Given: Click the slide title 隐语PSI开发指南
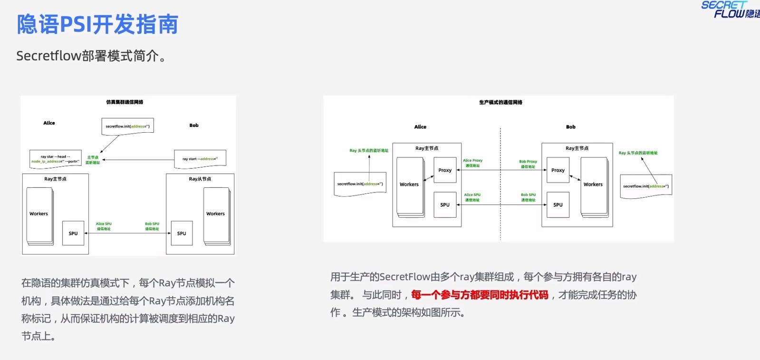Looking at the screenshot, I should click(97, 24).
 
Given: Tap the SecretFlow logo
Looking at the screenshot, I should click(730, 10).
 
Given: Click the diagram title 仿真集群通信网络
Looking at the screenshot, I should click(125, 102).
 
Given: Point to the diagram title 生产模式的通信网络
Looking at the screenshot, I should click(500, 102).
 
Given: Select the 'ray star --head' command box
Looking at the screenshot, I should click(55, 159).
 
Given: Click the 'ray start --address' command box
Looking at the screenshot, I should click(200, 158).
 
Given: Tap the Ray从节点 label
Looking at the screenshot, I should click(200, 179).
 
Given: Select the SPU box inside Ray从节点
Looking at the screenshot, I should click(182, 233).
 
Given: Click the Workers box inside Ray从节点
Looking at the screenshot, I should click(216, 214).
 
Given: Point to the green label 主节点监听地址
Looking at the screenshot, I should click(93, 160).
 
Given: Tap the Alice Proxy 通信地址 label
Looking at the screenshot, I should click(472, 163).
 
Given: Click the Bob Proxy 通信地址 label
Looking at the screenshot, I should click(528, 164).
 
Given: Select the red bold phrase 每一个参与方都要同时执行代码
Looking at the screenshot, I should click(480, 295).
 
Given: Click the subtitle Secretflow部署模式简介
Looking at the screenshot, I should click(91, 56).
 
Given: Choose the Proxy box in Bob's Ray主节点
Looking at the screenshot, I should click(558, 170).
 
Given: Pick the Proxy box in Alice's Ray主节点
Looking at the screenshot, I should click(445, 170).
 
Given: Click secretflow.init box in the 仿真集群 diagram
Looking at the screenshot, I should click(127, 126).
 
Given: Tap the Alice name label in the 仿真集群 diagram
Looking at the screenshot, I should click(49, 123).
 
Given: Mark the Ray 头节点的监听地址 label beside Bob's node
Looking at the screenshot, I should click(638, 153).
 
